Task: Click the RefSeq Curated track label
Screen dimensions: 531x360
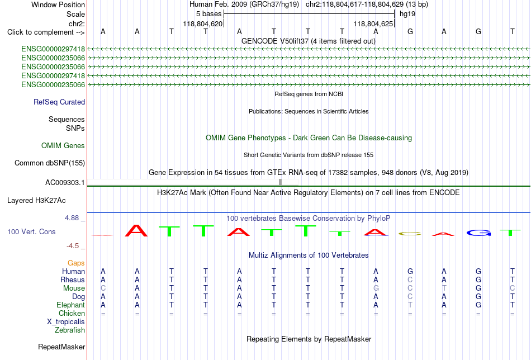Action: pyautogui.click(x=59, y=102)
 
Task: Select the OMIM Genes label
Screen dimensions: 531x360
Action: pyautogui.click(x=63, y=146)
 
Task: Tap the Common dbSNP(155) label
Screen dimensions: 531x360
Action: pyautogui.click(x=50, y=163)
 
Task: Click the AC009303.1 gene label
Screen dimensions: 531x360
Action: pyautogui.click(x=65, y=183)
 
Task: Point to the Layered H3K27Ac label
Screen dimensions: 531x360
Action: pyautogui.click(x=36, y=201)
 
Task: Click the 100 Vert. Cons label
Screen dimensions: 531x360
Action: pyautogui.click(x=31, y=231)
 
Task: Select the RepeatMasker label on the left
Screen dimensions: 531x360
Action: pyautogui.click(x=61, y=347)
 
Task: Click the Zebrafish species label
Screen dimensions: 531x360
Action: pyautogui.click(x=70, y=330)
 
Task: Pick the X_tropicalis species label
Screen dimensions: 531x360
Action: pyautogui.click(x=66, y=322)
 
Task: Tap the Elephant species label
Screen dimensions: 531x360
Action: pyautogui.click(x=71, y=305)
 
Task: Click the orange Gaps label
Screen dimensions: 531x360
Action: pyautogui.click(x=76, y=263)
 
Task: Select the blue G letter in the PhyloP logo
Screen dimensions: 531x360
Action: pyautogui.click(x=478, y=233)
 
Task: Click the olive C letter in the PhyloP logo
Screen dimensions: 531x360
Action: pyautogui.click(x=410, y=234)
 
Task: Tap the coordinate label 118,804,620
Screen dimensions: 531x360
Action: pyautogui.click(x=203, y=23)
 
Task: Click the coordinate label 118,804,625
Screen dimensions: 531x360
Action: pyautogui.click(x=373, y=23)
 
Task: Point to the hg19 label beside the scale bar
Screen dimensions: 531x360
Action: pyautogui.click(x=407, y=14)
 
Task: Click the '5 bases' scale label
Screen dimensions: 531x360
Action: pyautogui.click(x=208, y=14)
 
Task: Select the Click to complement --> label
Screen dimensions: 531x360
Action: pyautogui.click(x=46, y=32)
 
